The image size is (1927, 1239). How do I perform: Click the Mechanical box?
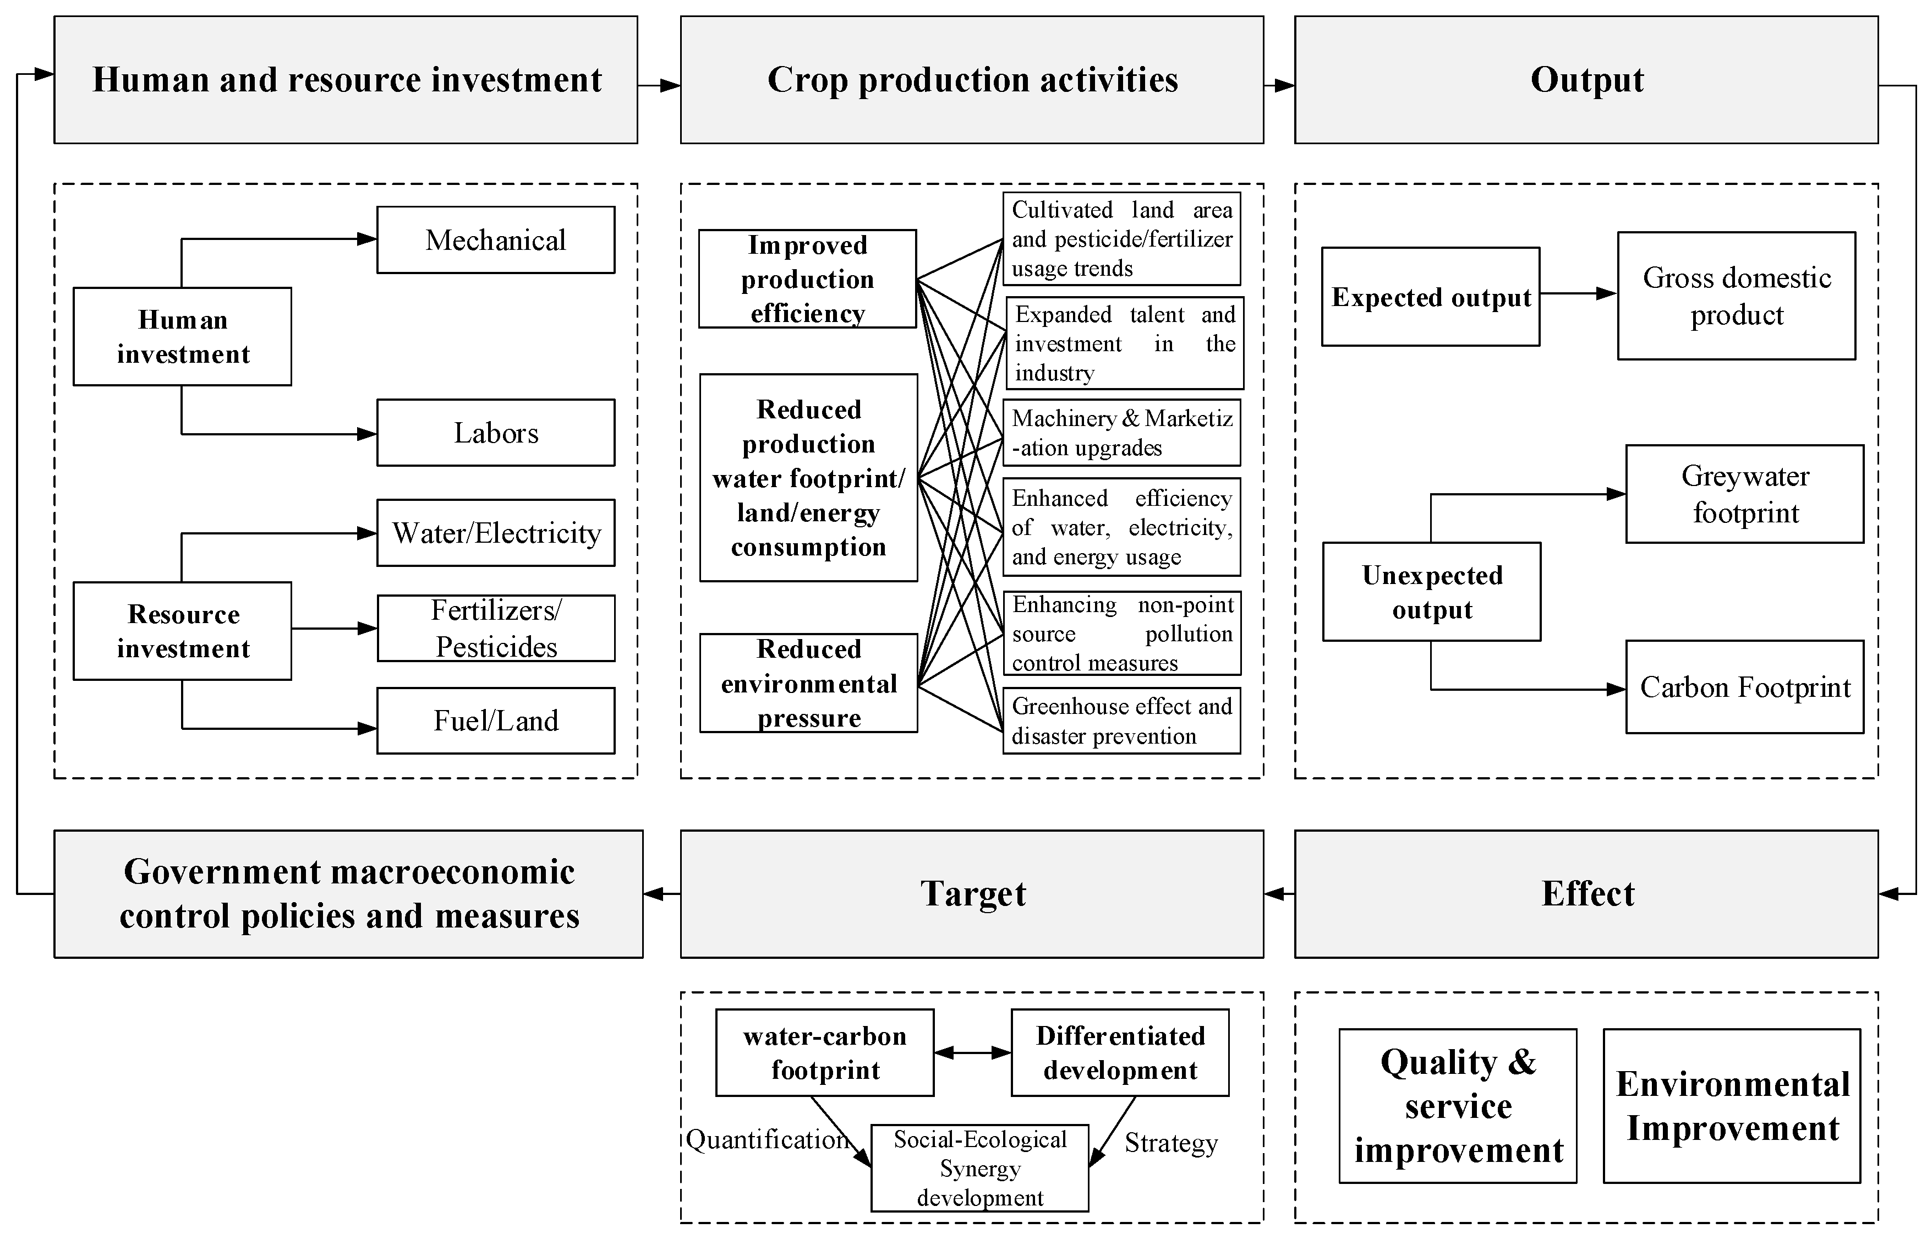495,240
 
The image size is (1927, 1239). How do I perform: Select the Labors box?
495,433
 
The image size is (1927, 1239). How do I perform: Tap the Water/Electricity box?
495,533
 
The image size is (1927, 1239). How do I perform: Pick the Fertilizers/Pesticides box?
495,629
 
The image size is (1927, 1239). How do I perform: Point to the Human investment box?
183,336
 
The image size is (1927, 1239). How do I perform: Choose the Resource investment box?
183,631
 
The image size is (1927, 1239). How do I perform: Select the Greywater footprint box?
1744,494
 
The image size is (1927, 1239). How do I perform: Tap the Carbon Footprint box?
1744,687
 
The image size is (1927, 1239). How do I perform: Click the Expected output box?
1431,297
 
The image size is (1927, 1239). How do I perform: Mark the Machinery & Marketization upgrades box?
1121,433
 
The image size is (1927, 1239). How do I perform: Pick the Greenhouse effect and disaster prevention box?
1121,721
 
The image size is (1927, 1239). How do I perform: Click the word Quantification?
767,1139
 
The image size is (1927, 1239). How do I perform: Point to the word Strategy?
1171,1143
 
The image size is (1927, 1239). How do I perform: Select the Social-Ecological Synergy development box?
979,1168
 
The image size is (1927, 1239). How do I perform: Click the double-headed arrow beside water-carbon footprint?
972,1052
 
